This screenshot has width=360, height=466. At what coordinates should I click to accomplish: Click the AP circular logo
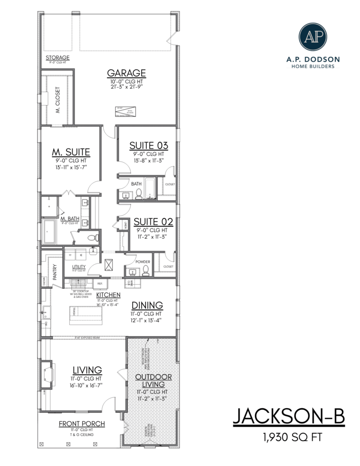click(313, 37)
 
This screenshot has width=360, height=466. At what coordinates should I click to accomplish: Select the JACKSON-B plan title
click(289, 418)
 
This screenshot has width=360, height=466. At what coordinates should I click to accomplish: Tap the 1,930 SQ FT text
click(289, 438)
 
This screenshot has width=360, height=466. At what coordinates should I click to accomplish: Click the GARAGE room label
click(127, 73)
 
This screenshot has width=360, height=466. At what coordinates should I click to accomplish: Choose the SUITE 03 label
click(149, 146)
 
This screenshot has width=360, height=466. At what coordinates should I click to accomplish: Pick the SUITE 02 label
click(154, 222)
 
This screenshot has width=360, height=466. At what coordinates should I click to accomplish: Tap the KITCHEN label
click(108, 295)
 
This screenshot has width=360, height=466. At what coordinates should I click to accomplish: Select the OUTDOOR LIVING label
click(153, 381)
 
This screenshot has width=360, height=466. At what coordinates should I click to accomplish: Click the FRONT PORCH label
click(82, 424)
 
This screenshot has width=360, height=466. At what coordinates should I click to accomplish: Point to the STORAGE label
click(57, 58)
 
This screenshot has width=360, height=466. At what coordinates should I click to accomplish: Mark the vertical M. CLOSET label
click(58, 101)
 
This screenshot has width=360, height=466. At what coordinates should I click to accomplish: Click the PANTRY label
click(55, 272)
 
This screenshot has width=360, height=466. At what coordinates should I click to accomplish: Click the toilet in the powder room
click(146, 270)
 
